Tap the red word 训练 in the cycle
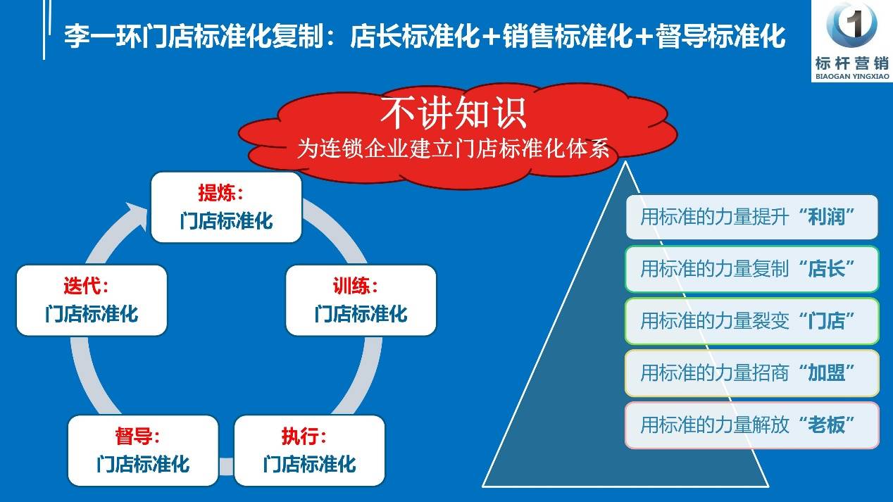tap(351, 286)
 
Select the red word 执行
tap(299, 437)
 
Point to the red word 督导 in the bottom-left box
tap(133, 437)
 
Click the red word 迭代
tap(81, 286)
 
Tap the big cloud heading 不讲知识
tap(454, 113)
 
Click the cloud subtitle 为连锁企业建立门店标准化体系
tap(454, 149)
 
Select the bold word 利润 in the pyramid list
tap(826, 217)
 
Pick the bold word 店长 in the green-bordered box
tap(826, 269)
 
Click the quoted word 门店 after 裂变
tap(826, 321)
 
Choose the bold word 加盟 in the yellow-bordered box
tap(826, 373)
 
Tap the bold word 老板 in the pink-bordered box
tap(826, 425)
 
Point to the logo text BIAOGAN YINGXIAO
tap(852, 76)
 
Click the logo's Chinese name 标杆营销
tap(852, 63)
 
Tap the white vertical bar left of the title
tap(44, 30)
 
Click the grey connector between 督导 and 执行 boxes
tap(226, 466)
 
